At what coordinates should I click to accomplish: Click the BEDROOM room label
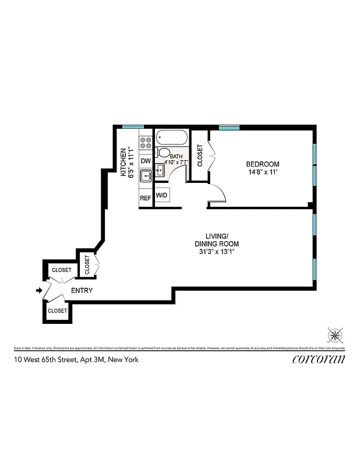(263, 164)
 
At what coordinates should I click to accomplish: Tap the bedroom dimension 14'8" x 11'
(263, 172)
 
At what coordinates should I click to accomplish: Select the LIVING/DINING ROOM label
(216, 239)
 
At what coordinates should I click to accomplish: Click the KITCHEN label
(123, 163)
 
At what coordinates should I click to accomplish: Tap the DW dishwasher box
(146, 160)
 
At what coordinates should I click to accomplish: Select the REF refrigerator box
(145, 198)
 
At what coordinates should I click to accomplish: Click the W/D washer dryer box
(161, 195)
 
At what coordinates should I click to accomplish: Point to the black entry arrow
(39, 290)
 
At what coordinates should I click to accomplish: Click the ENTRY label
(82, 290)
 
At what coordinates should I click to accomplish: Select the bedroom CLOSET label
(200, 156)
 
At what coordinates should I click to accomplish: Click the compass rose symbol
(335, 335)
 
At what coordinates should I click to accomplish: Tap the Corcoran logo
(318, 359)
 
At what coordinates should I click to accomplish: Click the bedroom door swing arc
(217, 192)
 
